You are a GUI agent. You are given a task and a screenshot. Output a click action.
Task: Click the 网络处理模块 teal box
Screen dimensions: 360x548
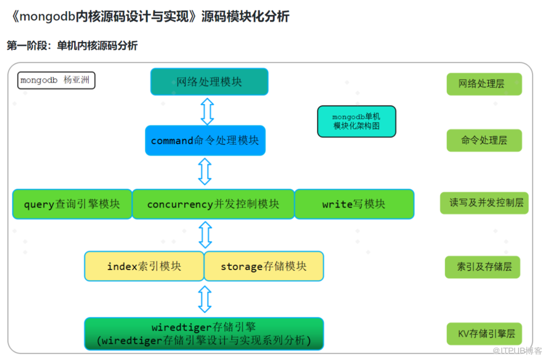click(209, 81)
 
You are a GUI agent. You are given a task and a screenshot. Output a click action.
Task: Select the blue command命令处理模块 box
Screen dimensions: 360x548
click(205, 141)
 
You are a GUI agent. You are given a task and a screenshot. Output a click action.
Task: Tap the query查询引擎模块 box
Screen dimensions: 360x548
click(72, 204)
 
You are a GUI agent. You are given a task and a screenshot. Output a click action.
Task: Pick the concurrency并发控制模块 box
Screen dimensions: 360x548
click(213, 204)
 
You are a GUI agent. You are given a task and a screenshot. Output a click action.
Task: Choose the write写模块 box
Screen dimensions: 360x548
click(354, 204)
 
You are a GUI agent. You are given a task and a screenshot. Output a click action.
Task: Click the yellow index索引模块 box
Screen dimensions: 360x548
click(144, 266)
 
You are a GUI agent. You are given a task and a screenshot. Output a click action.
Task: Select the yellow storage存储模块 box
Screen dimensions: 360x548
click(263, 266)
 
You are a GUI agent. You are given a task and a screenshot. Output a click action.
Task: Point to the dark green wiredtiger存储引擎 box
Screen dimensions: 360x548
click(204, 333)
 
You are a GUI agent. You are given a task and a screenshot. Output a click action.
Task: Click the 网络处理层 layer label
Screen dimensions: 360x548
click(484, 84)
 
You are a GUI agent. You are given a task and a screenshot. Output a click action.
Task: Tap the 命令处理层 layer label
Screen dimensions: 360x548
click(484, 141)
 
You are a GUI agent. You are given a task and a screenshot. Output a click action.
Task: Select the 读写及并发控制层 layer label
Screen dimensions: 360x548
click(484, 203)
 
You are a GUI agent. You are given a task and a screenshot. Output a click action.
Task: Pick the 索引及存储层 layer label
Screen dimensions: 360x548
click(484, 268)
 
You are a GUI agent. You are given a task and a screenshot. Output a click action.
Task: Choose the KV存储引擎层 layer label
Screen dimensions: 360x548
click(484, 334)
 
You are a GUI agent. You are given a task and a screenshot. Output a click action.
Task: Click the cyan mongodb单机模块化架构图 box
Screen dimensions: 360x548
click(356, 121)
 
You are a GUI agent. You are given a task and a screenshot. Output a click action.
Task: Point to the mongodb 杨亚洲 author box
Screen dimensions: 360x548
click(56, 81)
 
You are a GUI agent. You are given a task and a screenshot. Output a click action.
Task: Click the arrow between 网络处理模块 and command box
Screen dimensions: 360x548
click(207, 110)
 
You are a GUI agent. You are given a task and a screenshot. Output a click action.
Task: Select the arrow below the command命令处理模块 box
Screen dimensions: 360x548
click(205, 171)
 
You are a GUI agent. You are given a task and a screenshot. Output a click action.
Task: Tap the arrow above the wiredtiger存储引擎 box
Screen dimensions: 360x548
click(205, 299)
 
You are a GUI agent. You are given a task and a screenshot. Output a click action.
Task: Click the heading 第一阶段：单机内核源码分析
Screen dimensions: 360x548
click(72, 46)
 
